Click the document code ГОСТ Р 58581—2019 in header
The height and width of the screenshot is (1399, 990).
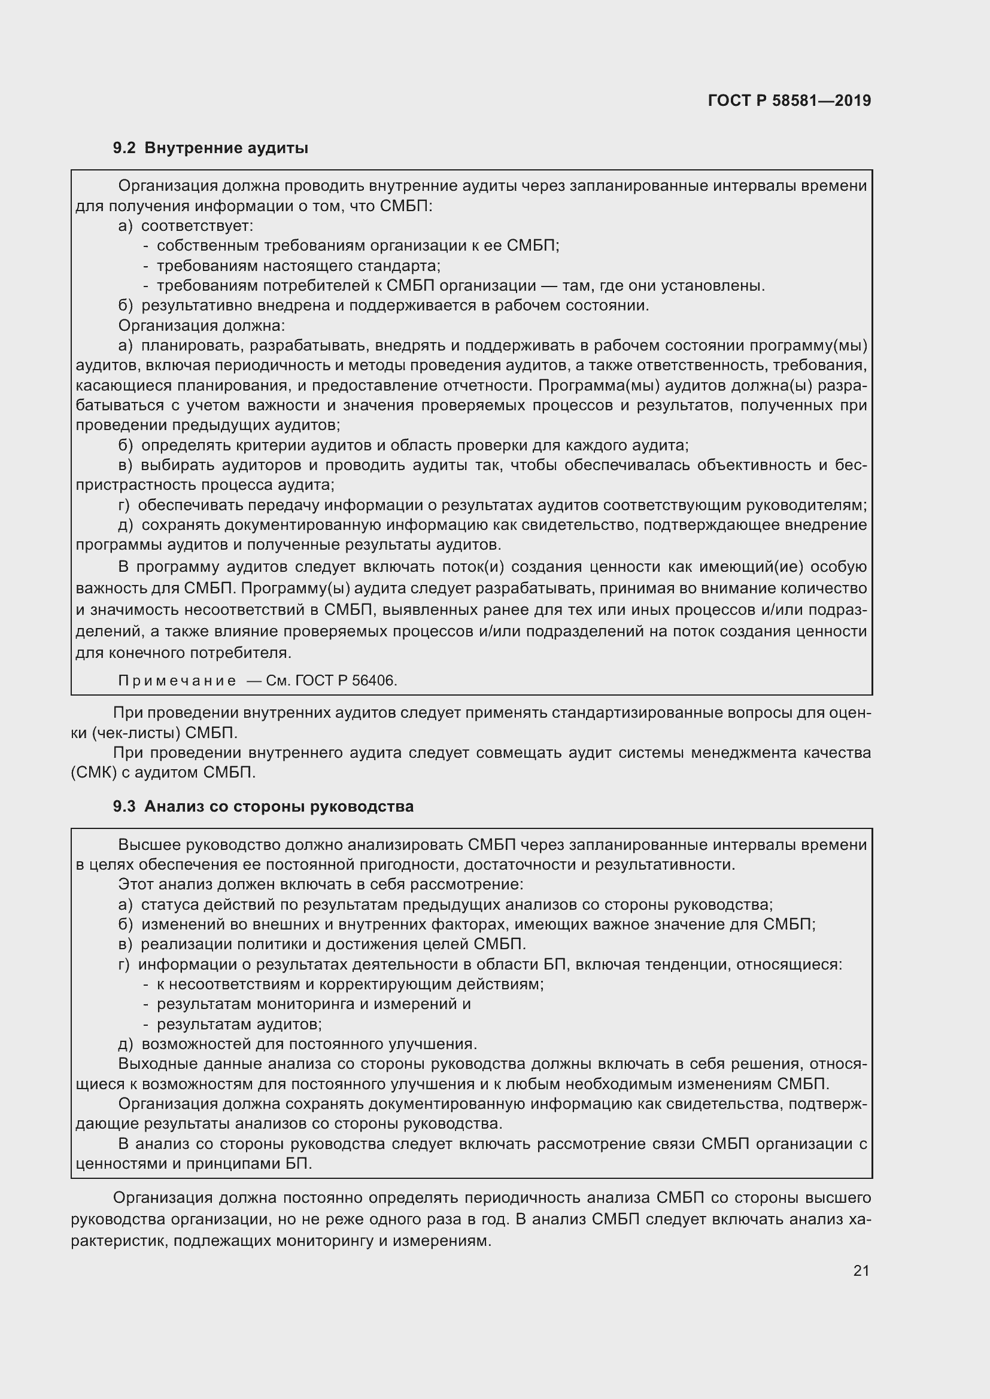(789, 100)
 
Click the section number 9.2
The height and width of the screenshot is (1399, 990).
(124, 148)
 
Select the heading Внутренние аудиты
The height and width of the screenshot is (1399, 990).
(226, 148)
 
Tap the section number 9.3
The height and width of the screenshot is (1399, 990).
(124, 807)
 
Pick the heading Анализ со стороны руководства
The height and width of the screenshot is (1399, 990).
(278, 807)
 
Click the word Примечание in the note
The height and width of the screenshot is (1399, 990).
(177, 681)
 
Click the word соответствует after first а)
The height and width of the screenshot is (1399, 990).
(196, 226)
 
